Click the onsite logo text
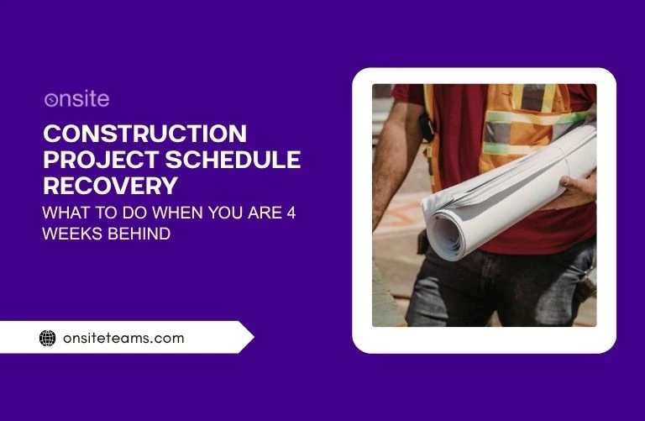76,99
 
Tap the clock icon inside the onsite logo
50,100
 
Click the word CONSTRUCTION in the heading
144,134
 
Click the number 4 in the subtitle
290,213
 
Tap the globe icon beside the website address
48,339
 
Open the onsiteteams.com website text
123,339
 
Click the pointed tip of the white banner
251,338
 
